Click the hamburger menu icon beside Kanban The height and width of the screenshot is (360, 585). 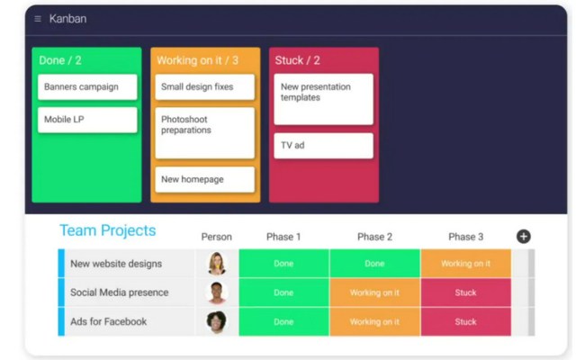[38, 19]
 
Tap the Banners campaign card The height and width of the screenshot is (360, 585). [87, 87]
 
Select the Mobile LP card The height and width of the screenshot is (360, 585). [87, 120]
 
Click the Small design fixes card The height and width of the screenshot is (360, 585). [204, 87]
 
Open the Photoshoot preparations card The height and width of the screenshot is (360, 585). [204, 132]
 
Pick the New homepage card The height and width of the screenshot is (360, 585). [204, 179]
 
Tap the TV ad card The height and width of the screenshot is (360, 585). [323, 146]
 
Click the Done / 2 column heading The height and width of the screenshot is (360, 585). [60, 61]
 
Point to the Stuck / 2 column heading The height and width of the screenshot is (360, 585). [297, 61]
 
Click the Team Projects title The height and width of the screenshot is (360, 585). [107, 231]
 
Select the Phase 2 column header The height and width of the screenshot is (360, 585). [374, 237]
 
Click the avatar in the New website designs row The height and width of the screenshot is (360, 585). [216, 264]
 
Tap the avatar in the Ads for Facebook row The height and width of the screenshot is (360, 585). [216, 321]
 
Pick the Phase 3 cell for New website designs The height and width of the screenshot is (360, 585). [465, 264]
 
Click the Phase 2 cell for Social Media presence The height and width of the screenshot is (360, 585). [374, 292]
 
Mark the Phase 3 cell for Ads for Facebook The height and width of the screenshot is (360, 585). [465, 321]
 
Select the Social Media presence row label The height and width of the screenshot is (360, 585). [120, 292]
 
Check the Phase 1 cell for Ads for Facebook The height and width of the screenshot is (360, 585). [283, 321]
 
